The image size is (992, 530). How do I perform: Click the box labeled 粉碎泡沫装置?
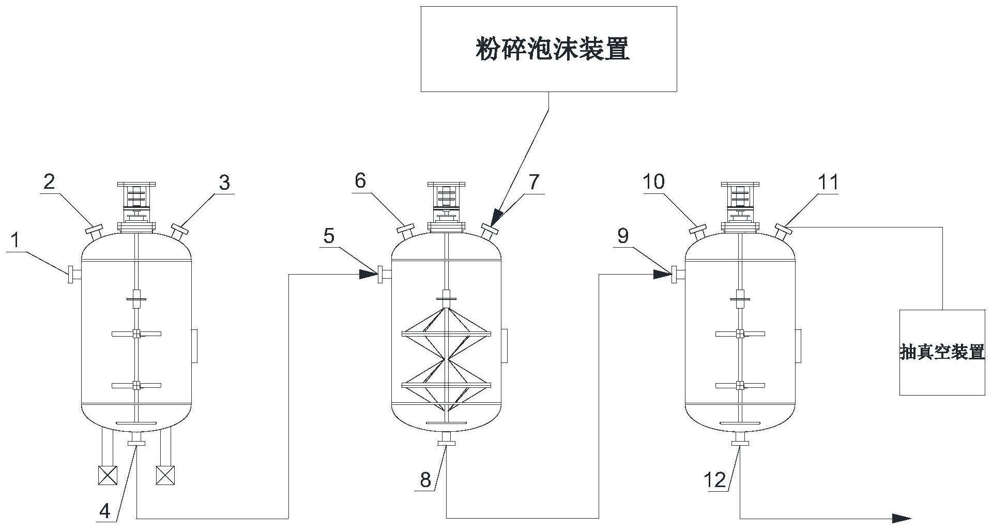(548, 49)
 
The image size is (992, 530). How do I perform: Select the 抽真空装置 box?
(942, 353)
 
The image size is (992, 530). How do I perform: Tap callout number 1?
(16, 240)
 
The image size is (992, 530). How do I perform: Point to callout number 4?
(105, 511)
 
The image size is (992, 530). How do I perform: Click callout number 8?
(425, 480)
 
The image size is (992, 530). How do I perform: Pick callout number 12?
(716, 480)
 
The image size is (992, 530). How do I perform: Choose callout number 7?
(534, 181)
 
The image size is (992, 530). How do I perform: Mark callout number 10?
(654, 181)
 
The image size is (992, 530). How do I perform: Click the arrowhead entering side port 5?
(368, 275)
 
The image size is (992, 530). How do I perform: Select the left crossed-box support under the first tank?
(108, 475)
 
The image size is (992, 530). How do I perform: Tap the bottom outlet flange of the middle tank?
(446, 442)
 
